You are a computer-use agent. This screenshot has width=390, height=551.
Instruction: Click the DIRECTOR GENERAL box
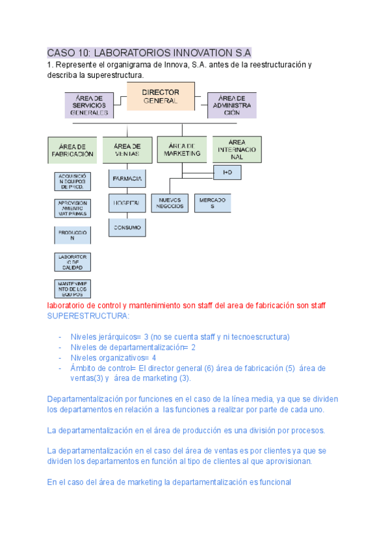tap(160, 97)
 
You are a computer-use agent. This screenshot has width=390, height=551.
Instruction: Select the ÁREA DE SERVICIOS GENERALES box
tap(89, 105)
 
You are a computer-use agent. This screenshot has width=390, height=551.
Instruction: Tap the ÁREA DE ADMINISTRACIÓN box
tap(232, 105)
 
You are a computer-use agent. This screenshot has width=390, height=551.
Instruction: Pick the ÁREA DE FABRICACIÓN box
tap(72, 150)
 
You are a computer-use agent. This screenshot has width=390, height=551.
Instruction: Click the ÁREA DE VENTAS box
tap(127, 150)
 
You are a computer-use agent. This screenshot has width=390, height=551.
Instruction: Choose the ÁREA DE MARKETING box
tap(181, 149)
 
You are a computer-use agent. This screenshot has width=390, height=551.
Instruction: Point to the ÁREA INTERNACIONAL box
tap(237, 149)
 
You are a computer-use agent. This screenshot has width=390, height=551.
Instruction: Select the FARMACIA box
tap(127, 177)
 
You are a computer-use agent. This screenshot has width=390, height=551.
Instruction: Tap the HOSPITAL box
tap(127, 203)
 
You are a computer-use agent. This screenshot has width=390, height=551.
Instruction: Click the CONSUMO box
tap(127, 227)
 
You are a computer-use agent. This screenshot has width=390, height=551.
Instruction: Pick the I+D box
tap(227, 172)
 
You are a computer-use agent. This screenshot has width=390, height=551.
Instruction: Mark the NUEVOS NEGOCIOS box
tap(170, 203)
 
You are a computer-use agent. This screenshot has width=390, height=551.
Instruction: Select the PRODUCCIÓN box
tap(72, 235)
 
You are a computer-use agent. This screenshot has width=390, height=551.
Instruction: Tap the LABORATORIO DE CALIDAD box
tap(72, 262)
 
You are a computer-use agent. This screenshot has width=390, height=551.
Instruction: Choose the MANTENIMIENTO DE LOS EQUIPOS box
tap(72, 289)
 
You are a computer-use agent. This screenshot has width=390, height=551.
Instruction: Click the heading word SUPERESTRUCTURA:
tap(88, 316)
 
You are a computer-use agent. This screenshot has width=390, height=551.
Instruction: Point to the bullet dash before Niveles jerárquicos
tap(60, 337)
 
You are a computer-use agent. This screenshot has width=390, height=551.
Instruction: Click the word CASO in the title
tap(60, 53)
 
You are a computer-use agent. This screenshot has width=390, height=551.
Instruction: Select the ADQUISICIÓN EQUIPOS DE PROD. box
tap(72, 181)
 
